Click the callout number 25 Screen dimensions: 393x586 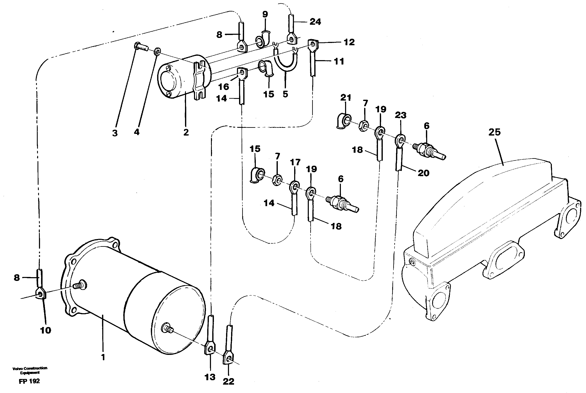tap(494, 132)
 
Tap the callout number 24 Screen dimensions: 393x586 tap(315, 22)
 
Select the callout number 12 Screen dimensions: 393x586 tap(349, 42)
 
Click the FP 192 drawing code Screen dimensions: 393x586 tap(29, 381)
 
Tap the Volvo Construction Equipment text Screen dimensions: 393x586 tap(30, 370)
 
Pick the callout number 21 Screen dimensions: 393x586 tap(345, 97)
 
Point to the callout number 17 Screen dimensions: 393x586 tap(295, 162)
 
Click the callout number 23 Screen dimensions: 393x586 tap(400, 115)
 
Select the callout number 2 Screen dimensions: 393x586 tap(186, 132)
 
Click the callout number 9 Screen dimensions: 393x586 tap(265, 14)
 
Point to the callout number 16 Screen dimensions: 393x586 tap(223, 87)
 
